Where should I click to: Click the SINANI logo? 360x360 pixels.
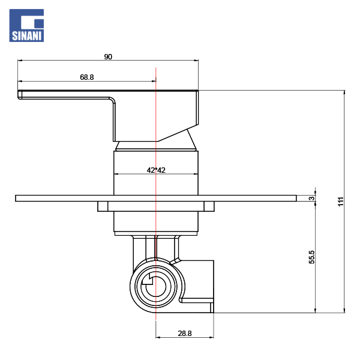tap(26, 25)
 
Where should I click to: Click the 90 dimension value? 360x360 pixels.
tap(108, 57)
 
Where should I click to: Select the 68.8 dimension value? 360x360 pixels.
tap(87, 77)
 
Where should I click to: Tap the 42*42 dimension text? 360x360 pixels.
tap(156, 170)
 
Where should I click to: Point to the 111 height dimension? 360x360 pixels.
tap(341, 202)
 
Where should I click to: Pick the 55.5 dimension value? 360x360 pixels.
tap(312, 257)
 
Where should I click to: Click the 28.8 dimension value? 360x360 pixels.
tap(185, 334)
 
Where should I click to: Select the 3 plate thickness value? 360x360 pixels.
tap(312, 198)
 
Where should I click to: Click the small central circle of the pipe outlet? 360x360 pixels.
tap(156, 287)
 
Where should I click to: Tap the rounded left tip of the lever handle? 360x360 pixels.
tap(19, 95)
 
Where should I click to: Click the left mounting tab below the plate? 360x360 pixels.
tap(103, 206)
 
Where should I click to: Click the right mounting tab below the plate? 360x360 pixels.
tap(209, 206)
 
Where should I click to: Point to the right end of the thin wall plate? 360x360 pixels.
tap(296, 199)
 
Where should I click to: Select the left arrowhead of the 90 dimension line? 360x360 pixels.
tap(20, 61)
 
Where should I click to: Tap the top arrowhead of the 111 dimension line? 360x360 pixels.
tap(344, 92)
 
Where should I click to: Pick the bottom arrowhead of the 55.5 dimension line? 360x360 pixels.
tap(315, 310)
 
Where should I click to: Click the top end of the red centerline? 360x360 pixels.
tap(156, 67)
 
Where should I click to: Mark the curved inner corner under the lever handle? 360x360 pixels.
tap(113, 100)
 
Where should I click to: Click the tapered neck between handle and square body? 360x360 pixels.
tap(156, 146)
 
